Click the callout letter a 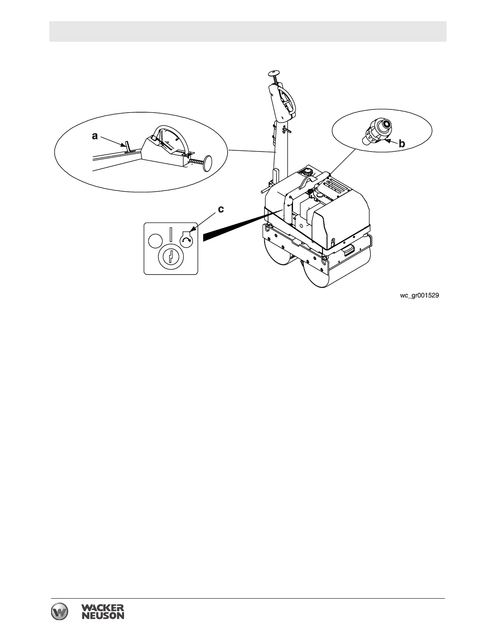tap(95, 136)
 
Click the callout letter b tap(402, 143)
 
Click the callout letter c tap(221, 210)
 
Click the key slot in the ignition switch tap(172, 257)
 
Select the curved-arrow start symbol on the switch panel tap(187, 240)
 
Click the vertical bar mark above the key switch tap(171, 235)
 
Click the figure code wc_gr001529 tap(419, 296)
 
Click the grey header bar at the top tap(248, 31)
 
